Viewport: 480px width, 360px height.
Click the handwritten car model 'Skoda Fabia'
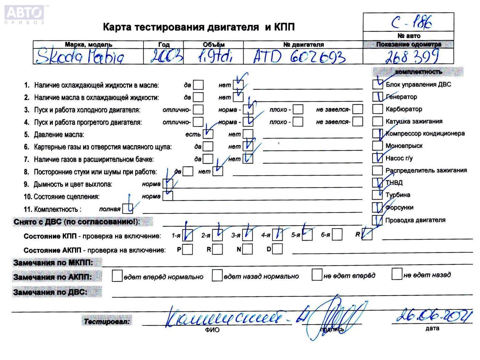tap(80, 57)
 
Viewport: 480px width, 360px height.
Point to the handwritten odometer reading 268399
tap(412, 56)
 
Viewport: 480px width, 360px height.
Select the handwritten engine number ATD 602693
tap(299, 56)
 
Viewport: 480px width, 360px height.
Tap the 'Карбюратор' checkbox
tap(377, 109)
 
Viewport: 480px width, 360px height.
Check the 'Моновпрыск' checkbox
tap(377, 146)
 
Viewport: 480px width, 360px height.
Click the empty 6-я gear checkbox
tap(337, 235)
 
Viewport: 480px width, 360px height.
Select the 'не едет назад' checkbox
tap(397, 274)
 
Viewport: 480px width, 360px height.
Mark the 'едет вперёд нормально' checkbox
tap(117, 276)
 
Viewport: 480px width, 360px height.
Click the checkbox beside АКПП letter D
tap(277, 249)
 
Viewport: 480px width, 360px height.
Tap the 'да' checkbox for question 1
tap(198, 85)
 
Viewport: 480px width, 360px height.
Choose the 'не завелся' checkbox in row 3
tap(358, 109)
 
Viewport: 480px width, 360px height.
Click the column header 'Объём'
tap(213, 45)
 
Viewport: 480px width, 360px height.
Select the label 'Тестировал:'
tap(107, 321)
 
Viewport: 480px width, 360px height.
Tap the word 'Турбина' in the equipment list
tap(398, 195)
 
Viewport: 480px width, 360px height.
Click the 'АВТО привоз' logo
tap(24, 14)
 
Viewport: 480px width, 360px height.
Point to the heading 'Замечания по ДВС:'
tap(51, 292)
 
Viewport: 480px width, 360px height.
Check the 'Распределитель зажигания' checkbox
tap(377, 170)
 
